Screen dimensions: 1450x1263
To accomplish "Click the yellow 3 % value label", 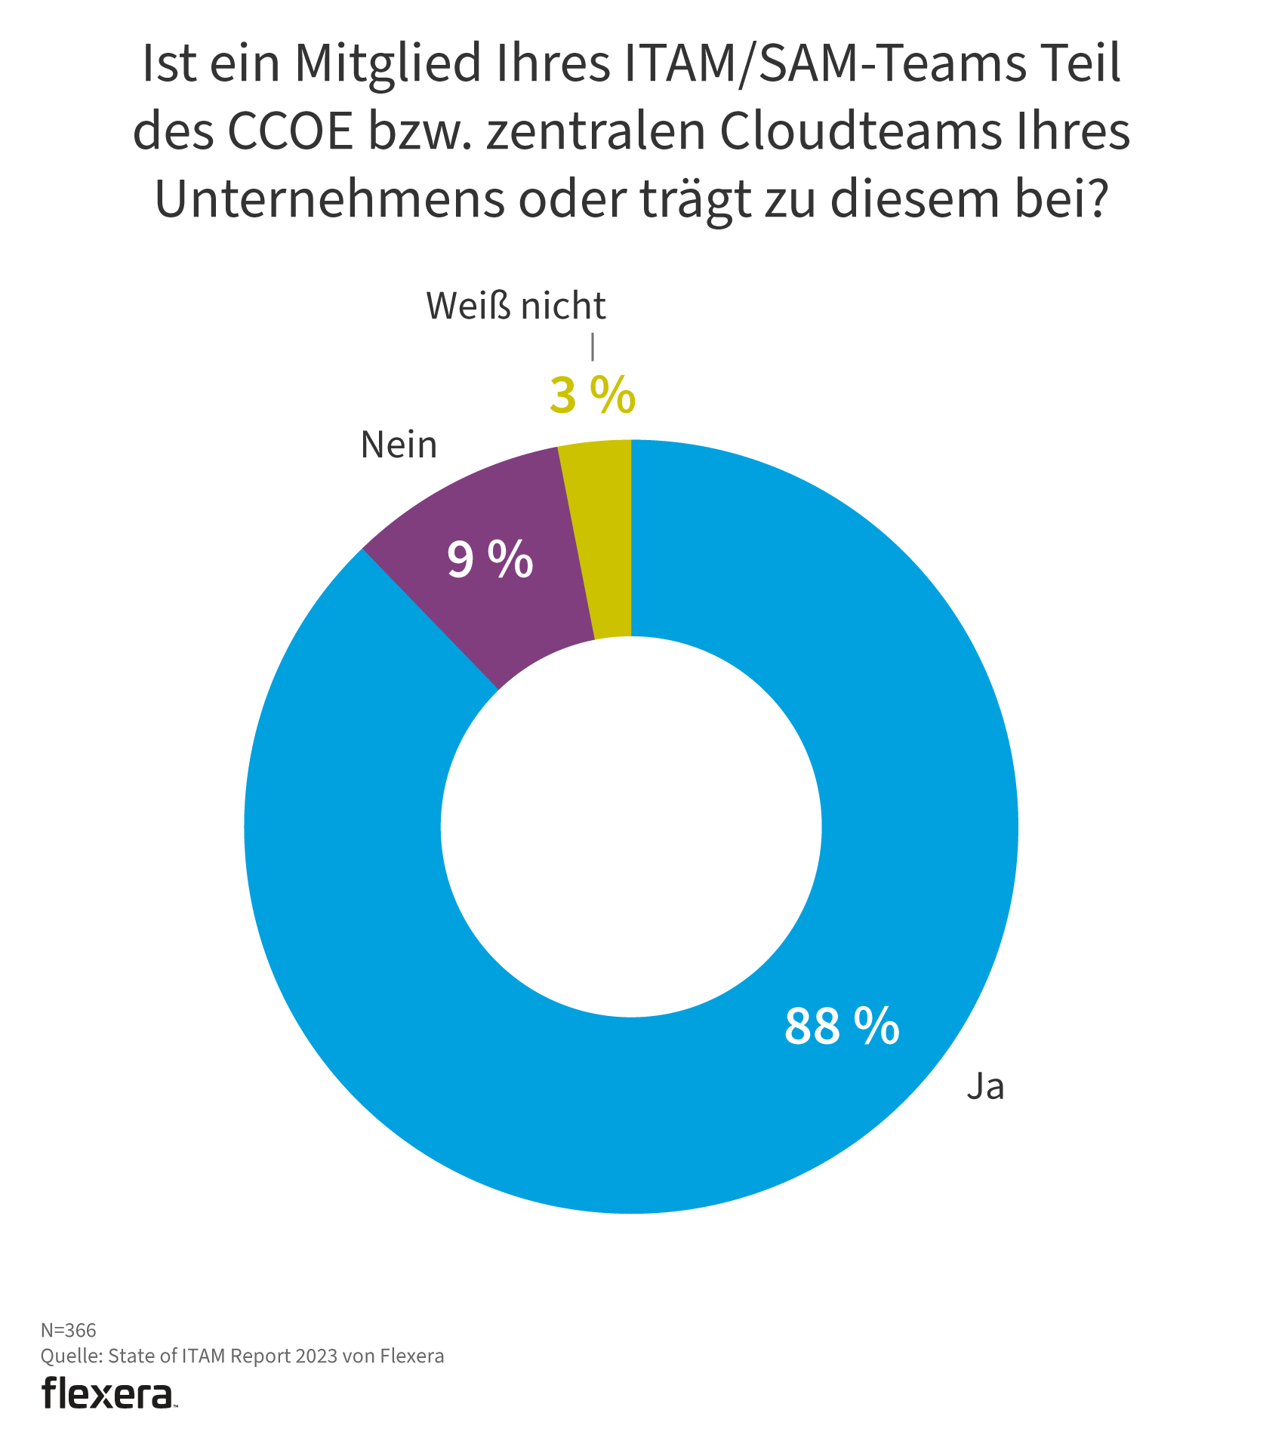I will click(x=592, y=396).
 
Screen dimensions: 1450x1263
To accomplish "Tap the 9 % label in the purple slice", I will click(x=490, y=560).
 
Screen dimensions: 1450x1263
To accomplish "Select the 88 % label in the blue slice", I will click(x=842, y=1026).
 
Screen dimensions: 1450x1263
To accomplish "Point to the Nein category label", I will click(x=399, y=445).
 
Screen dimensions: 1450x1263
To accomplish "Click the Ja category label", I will click(x=985, y=1086).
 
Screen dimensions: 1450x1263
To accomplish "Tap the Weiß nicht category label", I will click(x=516, y=306).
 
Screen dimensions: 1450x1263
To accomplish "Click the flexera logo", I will click(x=108, y=1393).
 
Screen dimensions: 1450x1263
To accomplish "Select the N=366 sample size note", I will click(x=68, y=1329).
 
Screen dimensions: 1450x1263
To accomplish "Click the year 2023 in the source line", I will click(x=316, y=1356).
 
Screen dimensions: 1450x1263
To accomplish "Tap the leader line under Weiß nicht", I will click(x=593, y=346).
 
